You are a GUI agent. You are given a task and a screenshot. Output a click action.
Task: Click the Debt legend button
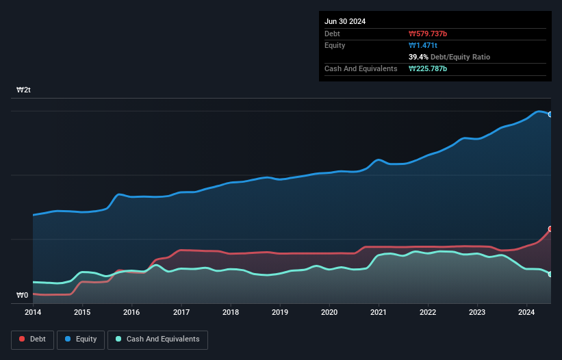pyautogui.click(x=33, y=339)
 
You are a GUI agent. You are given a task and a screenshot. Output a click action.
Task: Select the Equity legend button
pyautogui.click(x=81, y=339)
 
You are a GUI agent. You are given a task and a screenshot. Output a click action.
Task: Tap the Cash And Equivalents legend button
pyautogui.click(x=157, y=339)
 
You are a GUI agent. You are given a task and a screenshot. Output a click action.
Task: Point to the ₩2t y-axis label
pyautogui.click(x=23, y=90)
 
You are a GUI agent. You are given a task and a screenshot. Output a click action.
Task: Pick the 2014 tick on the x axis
pyautogui.click(x=33, y=312)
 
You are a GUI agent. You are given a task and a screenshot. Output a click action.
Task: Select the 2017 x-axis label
pyautogui.click(x=181, y=312)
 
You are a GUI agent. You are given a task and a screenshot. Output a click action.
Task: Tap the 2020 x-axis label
pyautogui.click(x=329, y=312)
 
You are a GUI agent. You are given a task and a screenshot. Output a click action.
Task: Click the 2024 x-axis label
pyautogui.click(x=527, y=312)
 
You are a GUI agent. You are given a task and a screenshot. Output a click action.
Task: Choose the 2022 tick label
pyautogui.click(x=429, y=312)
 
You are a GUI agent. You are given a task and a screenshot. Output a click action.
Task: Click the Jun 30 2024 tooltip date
pyautogui.click(x=345, y=21)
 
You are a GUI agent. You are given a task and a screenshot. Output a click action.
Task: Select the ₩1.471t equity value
pyautogui.click(x=422, y=45)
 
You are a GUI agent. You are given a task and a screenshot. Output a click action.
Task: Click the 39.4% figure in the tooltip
pyautogui.click(x=419, y=57)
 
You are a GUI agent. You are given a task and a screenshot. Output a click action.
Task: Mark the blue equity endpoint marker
pyautogui.click(x=550, y=114)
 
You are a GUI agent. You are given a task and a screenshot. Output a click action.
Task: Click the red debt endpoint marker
pyautogui.click(x=550, y=229)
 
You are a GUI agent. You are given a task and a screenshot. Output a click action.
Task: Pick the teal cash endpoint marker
pyautogui.click(x=550, y=274)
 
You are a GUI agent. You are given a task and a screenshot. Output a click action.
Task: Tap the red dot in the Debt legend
pyautogui.click(x=23, y=339)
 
